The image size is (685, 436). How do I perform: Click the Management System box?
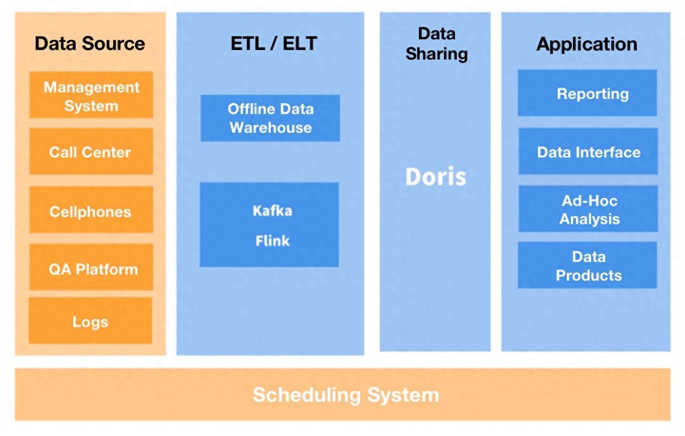(x=91, y=95)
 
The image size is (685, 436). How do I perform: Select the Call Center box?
(x=91, y=152)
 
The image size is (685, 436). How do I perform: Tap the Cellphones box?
(x=91, y=211)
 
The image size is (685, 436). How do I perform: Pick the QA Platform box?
(x=91, y=269)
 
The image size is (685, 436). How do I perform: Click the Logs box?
(x=90, y=321)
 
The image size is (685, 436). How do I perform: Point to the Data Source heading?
(x=90, y=44)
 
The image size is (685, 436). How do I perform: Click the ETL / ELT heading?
(x=274, y=44)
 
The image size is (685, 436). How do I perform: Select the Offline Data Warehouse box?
(x=270, y=118)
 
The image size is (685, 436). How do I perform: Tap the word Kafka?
(x=272, y=211)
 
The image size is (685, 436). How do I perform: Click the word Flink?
(x=272, y=241)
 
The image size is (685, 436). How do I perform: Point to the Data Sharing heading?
(x=436, y=44)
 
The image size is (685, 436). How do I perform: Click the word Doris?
(x=436, y=177)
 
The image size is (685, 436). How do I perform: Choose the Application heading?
(x=587, y=44)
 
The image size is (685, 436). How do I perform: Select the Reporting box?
(x=587, y=93)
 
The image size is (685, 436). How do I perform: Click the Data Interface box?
(x=588, y=152)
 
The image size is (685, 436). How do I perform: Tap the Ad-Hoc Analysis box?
(x=588, y=209)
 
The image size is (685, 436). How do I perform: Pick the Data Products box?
(x=587, y=265)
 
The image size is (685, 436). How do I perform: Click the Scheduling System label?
(x=346, y=395)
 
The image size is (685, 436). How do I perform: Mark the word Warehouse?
(x=271, y=127)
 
